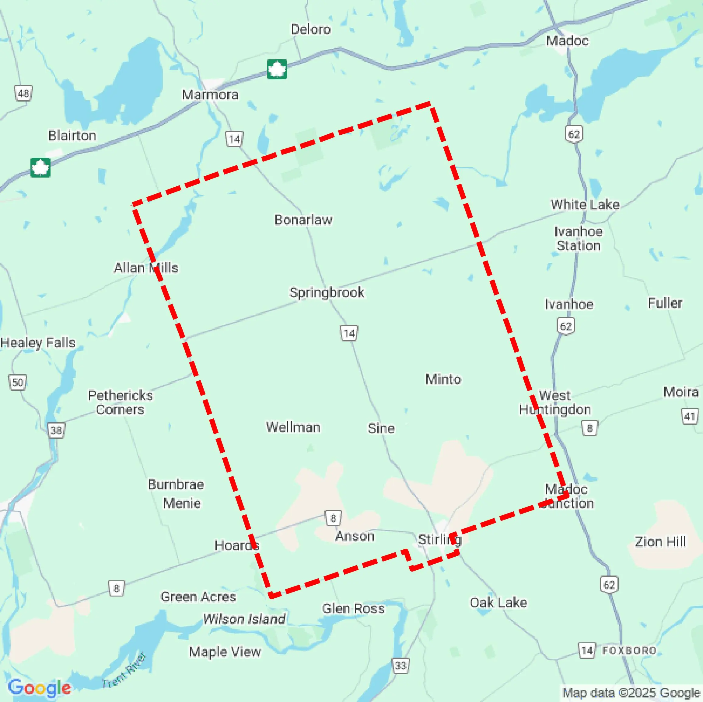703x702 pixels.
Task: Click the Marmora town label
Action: click(x=210, y=95)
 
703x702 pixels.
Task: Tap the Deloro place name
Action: click(x=311, y=29)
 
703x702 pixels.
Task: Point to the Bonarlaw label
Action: click(x=303, y=220)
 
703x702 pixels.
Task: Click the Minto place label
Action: click(x=443, y=379)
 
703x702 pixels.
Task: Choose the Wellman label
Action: click(x=293, y=427)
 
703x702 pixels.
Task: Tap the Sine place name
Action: click(x=381, y=428)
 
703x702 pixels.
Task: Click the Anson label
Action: click(x=355, y=536)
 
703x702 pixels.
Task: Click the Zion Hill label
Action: click(x=660, y=542)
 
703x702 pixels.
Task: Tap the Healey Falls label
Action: click(x=38, y=343)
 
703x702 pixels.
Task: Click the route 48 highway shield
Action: click(x=23, y=93)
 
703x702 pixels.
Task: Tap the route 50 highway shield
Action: click(x=17, y=382)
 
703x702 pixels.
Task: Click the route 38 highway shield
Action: click(x=56, y=431)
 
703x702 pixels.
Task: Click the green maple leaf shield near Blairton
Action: click(x=40, y=168)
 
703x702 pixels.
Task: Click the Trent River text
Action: click(x=124, y=671)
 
